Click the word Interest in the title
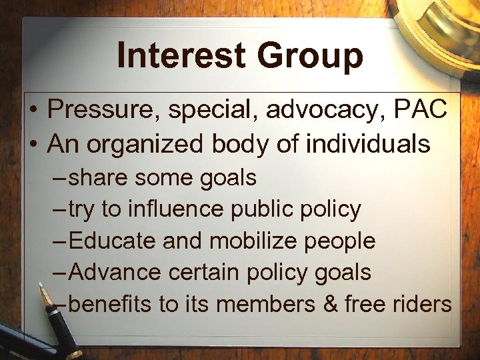pyautogui.click(x=177, y=55)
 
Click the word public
pyautogui.click(x=263, y=211)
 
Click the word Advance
pyautogui.click(x=115, y=273)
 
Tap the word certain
pyautogui.click(x=213, y=273)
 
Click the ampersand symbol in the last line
pyautogui.click(x=331, y=305)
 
